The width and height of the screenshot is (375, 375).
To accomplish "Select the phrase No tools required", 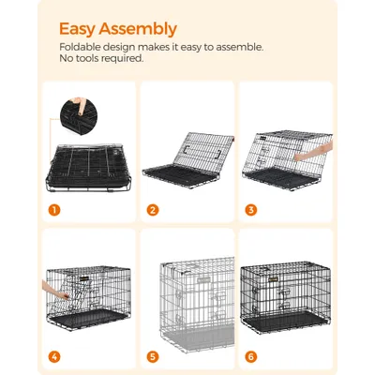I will click(100, 58).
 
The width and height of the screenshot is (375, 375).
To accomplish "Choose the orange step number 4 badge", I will click(55, 356).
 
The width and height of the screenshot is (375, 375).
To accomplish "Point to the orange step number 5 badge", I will click(152, 356).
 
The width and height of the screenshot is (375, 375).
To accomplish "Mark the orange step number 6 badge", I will click(249, 356).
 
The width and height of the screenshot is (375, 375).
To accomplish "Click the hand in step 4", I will click(54, 281).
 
